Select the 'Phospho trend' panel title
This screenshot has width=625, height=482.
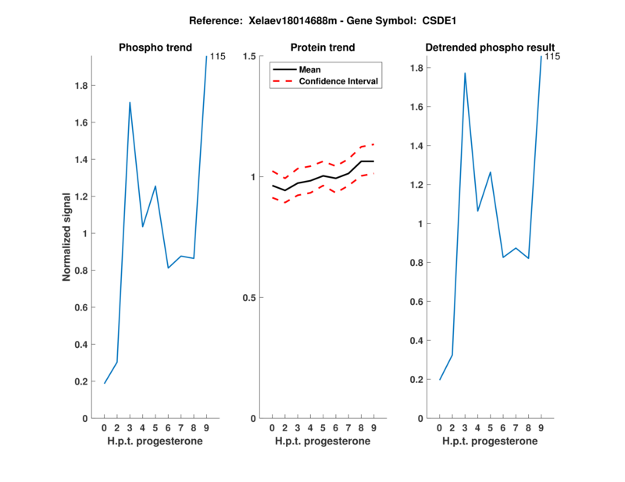[155, 48]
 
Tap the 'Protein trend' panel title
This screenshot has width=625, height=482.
[323, 48]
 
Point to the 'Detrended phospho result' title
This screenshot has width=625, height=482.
[490, 48]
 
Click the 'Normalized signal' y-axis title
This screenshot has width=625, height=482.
[70, 236]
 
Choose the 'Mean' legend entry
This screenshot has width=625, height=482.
[309, 69]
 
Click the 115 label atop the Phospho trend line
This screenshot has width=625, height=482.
[217, 56]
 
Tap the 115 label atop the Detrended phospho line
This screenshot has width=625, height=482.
[552, 56]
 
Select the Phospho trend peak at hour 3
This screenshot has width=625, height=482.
[130, 102]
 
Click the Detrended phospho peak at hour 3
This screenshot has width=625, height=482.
[465, 73]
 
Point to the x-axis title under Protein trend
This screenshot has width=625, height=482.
[323, 441]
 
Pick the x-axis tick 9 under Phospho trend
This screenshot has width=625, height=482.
[206, 427]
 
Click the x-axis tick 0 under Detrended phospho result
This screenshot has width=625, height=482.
[439, 427]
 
